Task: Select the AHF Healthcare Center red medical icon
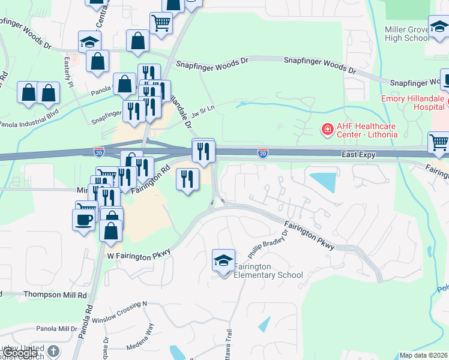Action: point(327,129)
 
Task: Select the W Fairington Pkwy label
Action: point(139,255)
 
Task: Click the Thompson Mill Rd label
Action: point(55,295)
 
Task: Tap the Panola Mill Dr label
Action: point(56,329)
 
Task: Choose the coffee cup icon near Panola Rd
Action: point(83,219)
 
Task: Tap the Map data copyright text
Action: point(424,355)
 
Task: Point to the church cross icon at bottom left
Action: point(53,351)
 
